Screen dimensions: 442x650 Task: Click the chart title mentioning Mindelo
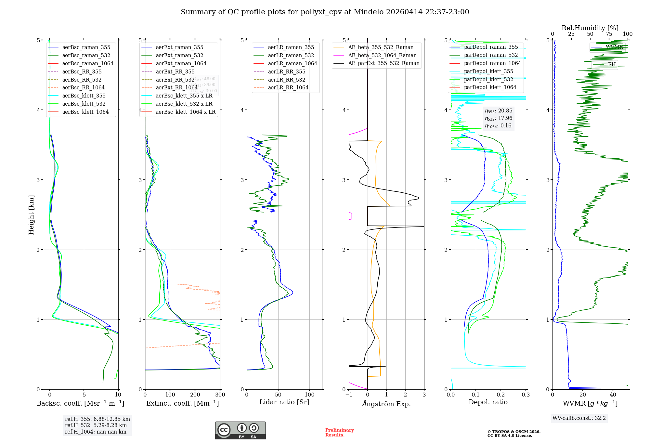coord(325,12)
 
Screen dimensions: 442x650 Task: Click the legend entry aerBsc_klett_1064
coord(85,112)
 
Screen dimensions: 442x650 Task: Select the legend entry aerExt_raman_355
coord(179,47)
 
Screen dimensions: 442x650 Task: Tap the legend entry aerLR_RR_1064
coord(288,87)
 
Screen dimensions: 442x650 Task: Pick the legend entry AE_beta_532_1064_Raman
coord(382,55)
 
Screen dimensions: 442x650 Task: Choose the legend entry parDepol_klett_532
coord(488,79)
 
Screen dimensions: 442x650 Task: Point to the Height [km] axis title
coord(31,214)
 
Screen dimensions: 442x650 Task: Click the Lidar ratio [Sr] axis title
coord(284,402)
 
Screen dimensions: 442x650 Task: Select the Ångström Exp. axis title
coord(386,404)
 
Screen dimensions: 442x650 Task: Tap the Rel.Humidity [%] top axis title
coord(590,28)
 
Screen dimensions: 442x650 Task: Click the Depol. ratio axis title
coord(488,402)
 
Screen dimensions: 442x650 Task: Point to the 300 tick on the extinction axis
coord(220,395)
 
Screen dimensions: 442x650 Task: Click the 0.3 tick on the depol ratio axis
coord(526,395)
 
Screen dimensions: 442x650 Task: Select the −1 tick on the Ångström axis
coord(349,395)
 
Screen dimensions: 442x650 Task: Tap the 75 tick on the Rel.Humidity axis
coord(609,34)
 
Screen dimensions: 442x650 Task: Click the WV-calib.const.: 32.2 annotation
coord(579,418)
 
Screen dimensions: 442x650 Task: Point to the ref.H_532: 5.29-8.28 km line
coord(96,425)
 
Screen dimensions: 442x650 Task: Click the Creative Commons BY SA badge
coord(240,430)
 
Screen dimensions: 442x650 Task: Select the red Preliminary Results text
coord(339,433)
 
